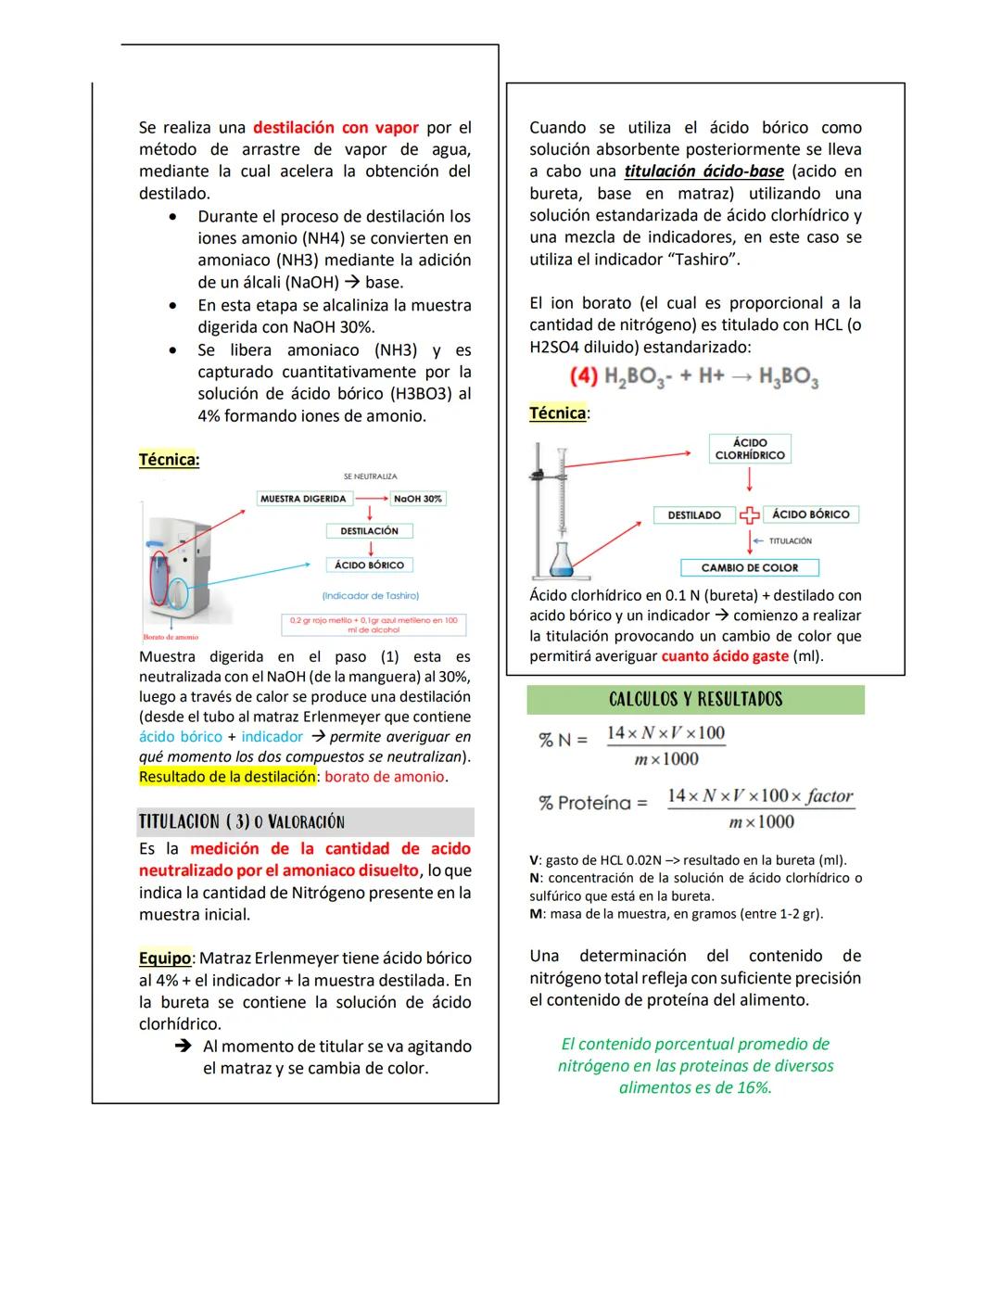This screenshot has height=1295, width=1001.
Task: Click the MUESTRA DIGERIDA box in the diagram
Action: point(303,499)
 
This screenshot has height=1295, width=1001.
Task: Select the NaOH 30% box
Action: point(417,499)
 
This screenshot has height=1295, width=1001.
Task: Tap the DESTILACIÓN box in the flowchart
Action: point(369,531)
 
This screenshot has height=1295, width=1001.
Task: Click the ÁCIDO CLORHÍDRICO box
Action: point(749,449)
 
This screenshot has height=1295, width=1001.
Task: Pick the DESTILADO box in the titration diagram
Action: point(694,514)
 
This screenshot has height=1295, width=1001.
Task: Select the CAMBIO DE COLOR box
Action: point(749,567)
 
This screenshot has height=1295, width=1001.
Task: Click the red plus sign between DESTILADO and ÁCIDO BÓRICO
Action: point(749,515)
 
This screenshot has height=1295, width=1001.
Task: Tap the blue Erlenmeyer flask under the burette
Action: point(561,559)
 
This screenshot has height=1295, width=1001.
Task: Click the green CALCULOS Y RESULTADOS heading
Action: point(695,700)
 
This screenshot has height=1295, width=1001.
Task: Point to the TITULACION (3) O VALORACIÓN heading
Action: point(242,821)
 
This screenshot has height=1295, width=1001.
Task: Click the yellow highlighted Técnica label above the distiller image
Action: point(169,459)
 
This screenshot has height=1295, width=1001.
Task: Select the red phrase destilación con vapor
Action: point(336,127)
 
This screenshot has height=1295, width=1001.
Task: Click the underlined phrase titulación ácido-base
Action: point(703,171)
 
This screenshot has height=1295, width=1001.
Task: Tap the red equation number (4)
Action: point(583,376)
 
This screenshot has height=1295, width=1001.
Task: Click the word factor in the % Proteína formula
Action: point(830,795)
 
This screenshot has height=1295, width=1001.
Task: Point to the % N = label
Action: point(563,740)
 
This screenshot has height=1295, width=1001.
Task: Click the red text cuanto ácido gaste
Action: point(725,656)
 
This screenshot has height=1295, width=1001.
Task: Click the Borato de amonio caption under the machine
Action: point(171,638)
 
